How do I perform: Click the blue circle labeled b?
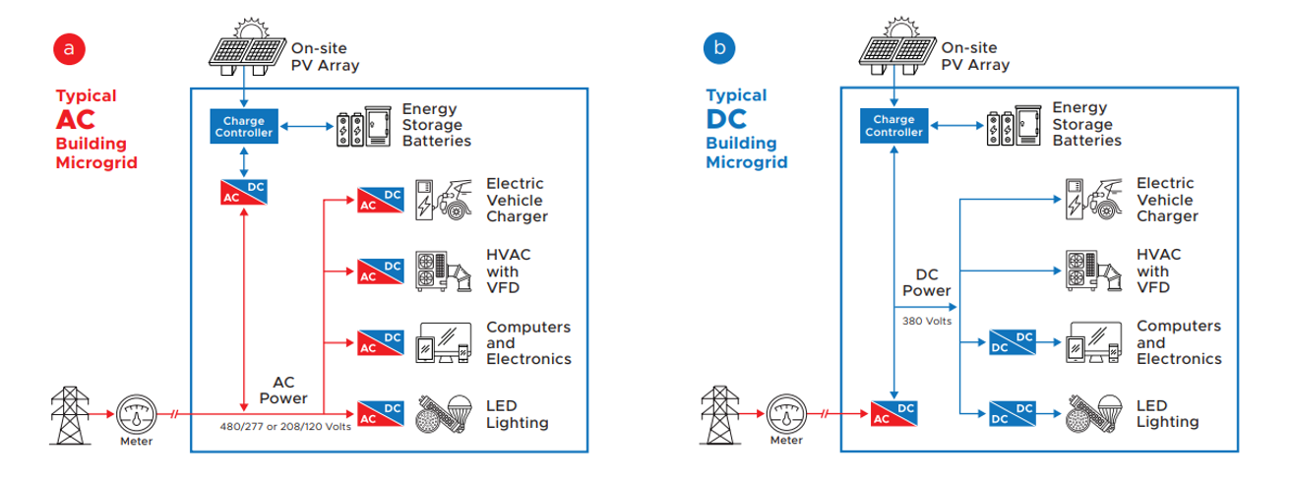coord(718,47)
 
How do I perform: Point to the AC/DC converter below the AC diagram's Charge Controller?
coord(243,192)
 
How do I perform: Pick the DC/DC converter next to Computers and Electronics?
coord(1013,343)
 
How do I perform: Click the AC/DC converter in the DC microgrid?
coord(893,414)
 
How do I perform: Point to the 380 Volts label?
coord(926,320)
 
